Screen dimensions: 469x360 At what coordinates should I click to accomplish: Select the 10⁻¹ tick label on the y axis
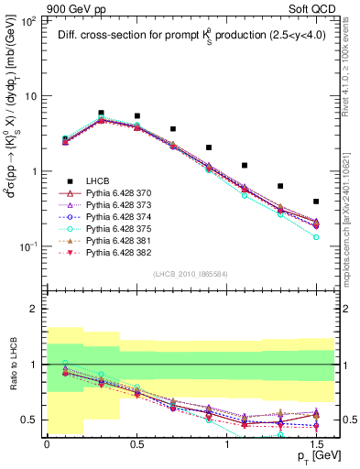[x=28, y=246]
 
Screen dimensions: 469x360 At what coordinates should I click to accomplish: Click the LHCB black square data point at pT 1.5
[x=316, y=202]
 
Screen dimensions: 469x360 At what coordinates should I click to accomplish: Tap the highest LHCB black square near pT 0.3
[x=101, y=113]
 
